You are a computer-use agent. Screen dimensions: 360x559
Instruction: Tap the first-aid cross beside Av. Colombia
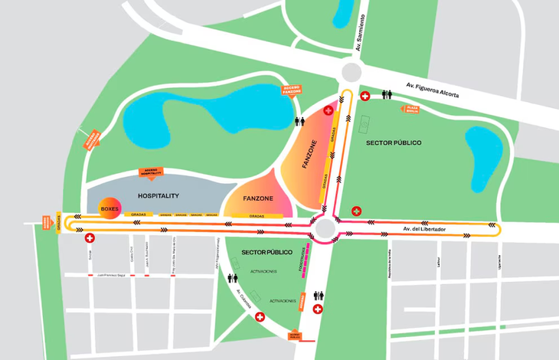[260, 316]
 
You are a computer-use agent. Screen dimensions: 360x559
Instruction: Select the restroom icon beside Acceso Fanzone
[299, 122]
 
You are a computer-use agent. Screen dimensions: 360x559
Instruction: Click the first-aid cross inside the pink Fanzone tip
[329, 110]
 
